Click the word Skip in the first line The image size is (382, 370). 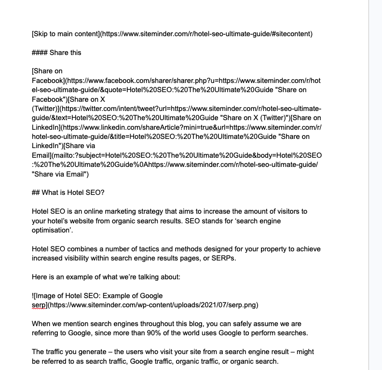pyautogui.click(x=41, y=34)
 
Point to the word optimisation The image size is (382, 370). pyautogui.click(x=52, y=230)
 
